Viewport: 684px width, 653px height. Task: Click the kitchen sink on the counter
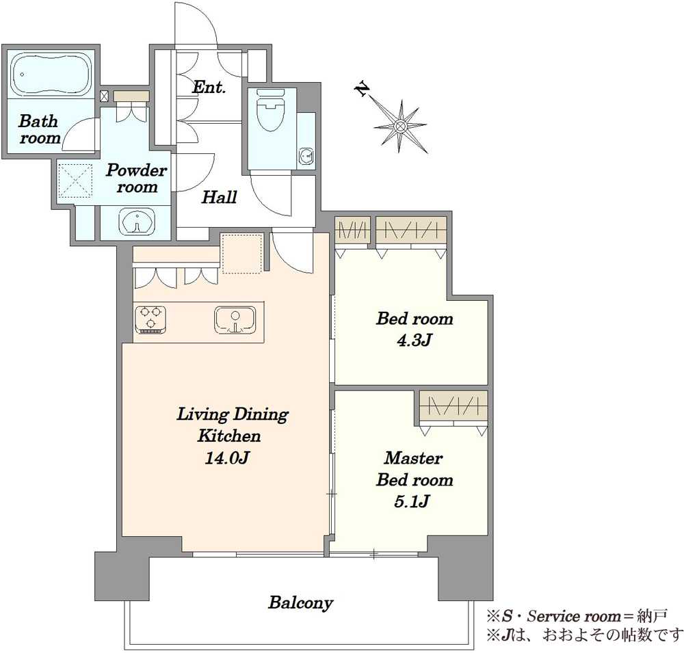(x=235, y=320)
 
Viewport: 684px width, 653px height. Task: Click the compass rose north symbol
(x=399, y=126)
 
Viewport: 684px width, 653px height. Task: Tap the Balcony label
(x=300, y=603)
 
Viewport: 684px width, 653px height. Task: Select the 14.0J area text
(x=227, y=458)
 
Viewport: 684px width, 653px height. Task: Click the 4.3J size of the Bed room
(x=414, y=341)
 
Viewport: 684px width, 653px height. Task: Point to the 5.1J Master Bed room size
(x=412, y=502)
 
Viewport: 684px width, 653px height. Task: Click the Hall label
(x=219, y=198)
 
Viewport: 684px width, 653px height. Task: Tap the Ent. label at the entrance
(x=209, y=88)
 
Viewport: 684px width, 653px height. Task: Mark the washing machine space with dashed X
(x=75, y=181)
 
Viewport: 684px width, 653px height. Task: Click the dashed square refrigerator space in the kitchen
(x=242, y=254)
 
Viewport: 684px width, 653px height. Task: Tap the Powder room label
(x=137, y=178)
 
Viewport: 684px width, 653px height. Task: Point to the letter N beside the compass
(x=362, y=90)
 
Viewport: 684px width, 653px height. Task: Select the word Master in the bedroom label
(x=414, y=458)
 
